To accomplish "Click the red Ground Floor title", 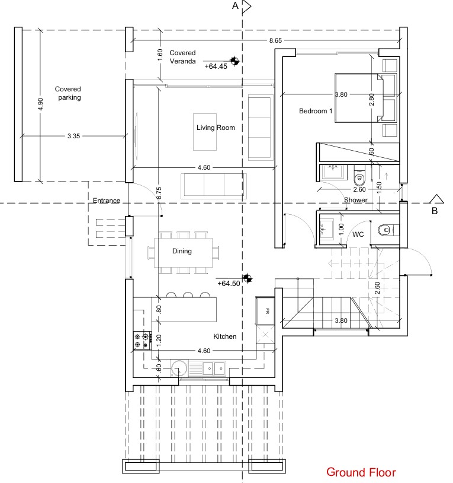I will [361, 472].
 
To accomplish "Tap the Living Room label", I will [216, 128].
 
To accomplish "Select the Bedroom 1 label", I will [316, 112].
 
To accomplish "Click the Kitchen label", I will [225, 336].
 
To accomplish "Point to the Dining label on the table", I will [182, 251].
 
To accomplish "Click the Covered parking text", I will [68, 93].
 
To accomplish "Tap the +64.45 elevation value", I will [216, 67].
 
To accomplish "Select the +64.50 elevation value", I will [229, 284].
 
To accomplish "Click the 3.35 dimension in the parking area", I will [73, 136].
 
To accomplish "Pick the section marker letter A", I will [235, 7].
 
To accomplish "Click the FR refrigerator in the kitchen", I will [267, 311].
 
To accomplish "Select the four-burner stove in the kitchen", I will [141, 341].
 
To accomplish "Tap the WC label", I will [358, 234].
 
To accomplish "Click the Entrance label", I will [107, 201].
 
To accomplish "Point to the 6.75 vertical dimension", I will [158, 193].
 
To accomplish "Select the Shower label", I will [356, 200].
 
